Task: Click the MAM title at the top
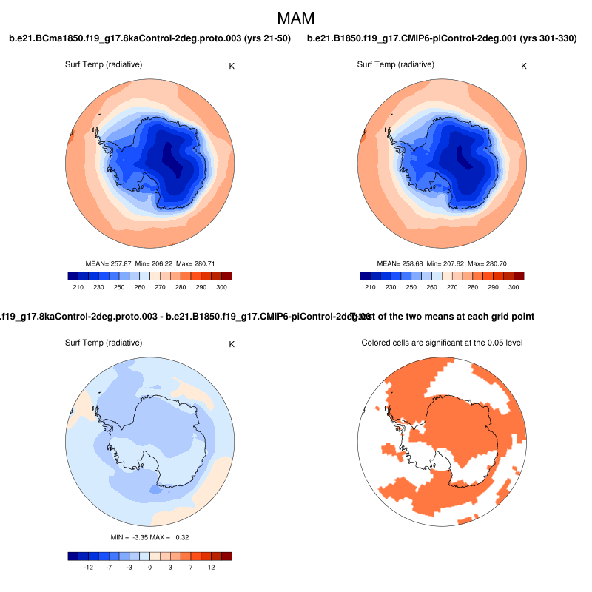tap(296, 17)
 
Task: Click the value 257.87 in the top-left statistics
tap(121, 263)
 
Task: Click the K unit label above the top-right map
tap(524, 66)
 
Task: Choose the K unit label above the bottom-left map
tap(232, 344)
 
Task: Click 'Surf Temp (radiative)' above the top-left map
tap(104, 65)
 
